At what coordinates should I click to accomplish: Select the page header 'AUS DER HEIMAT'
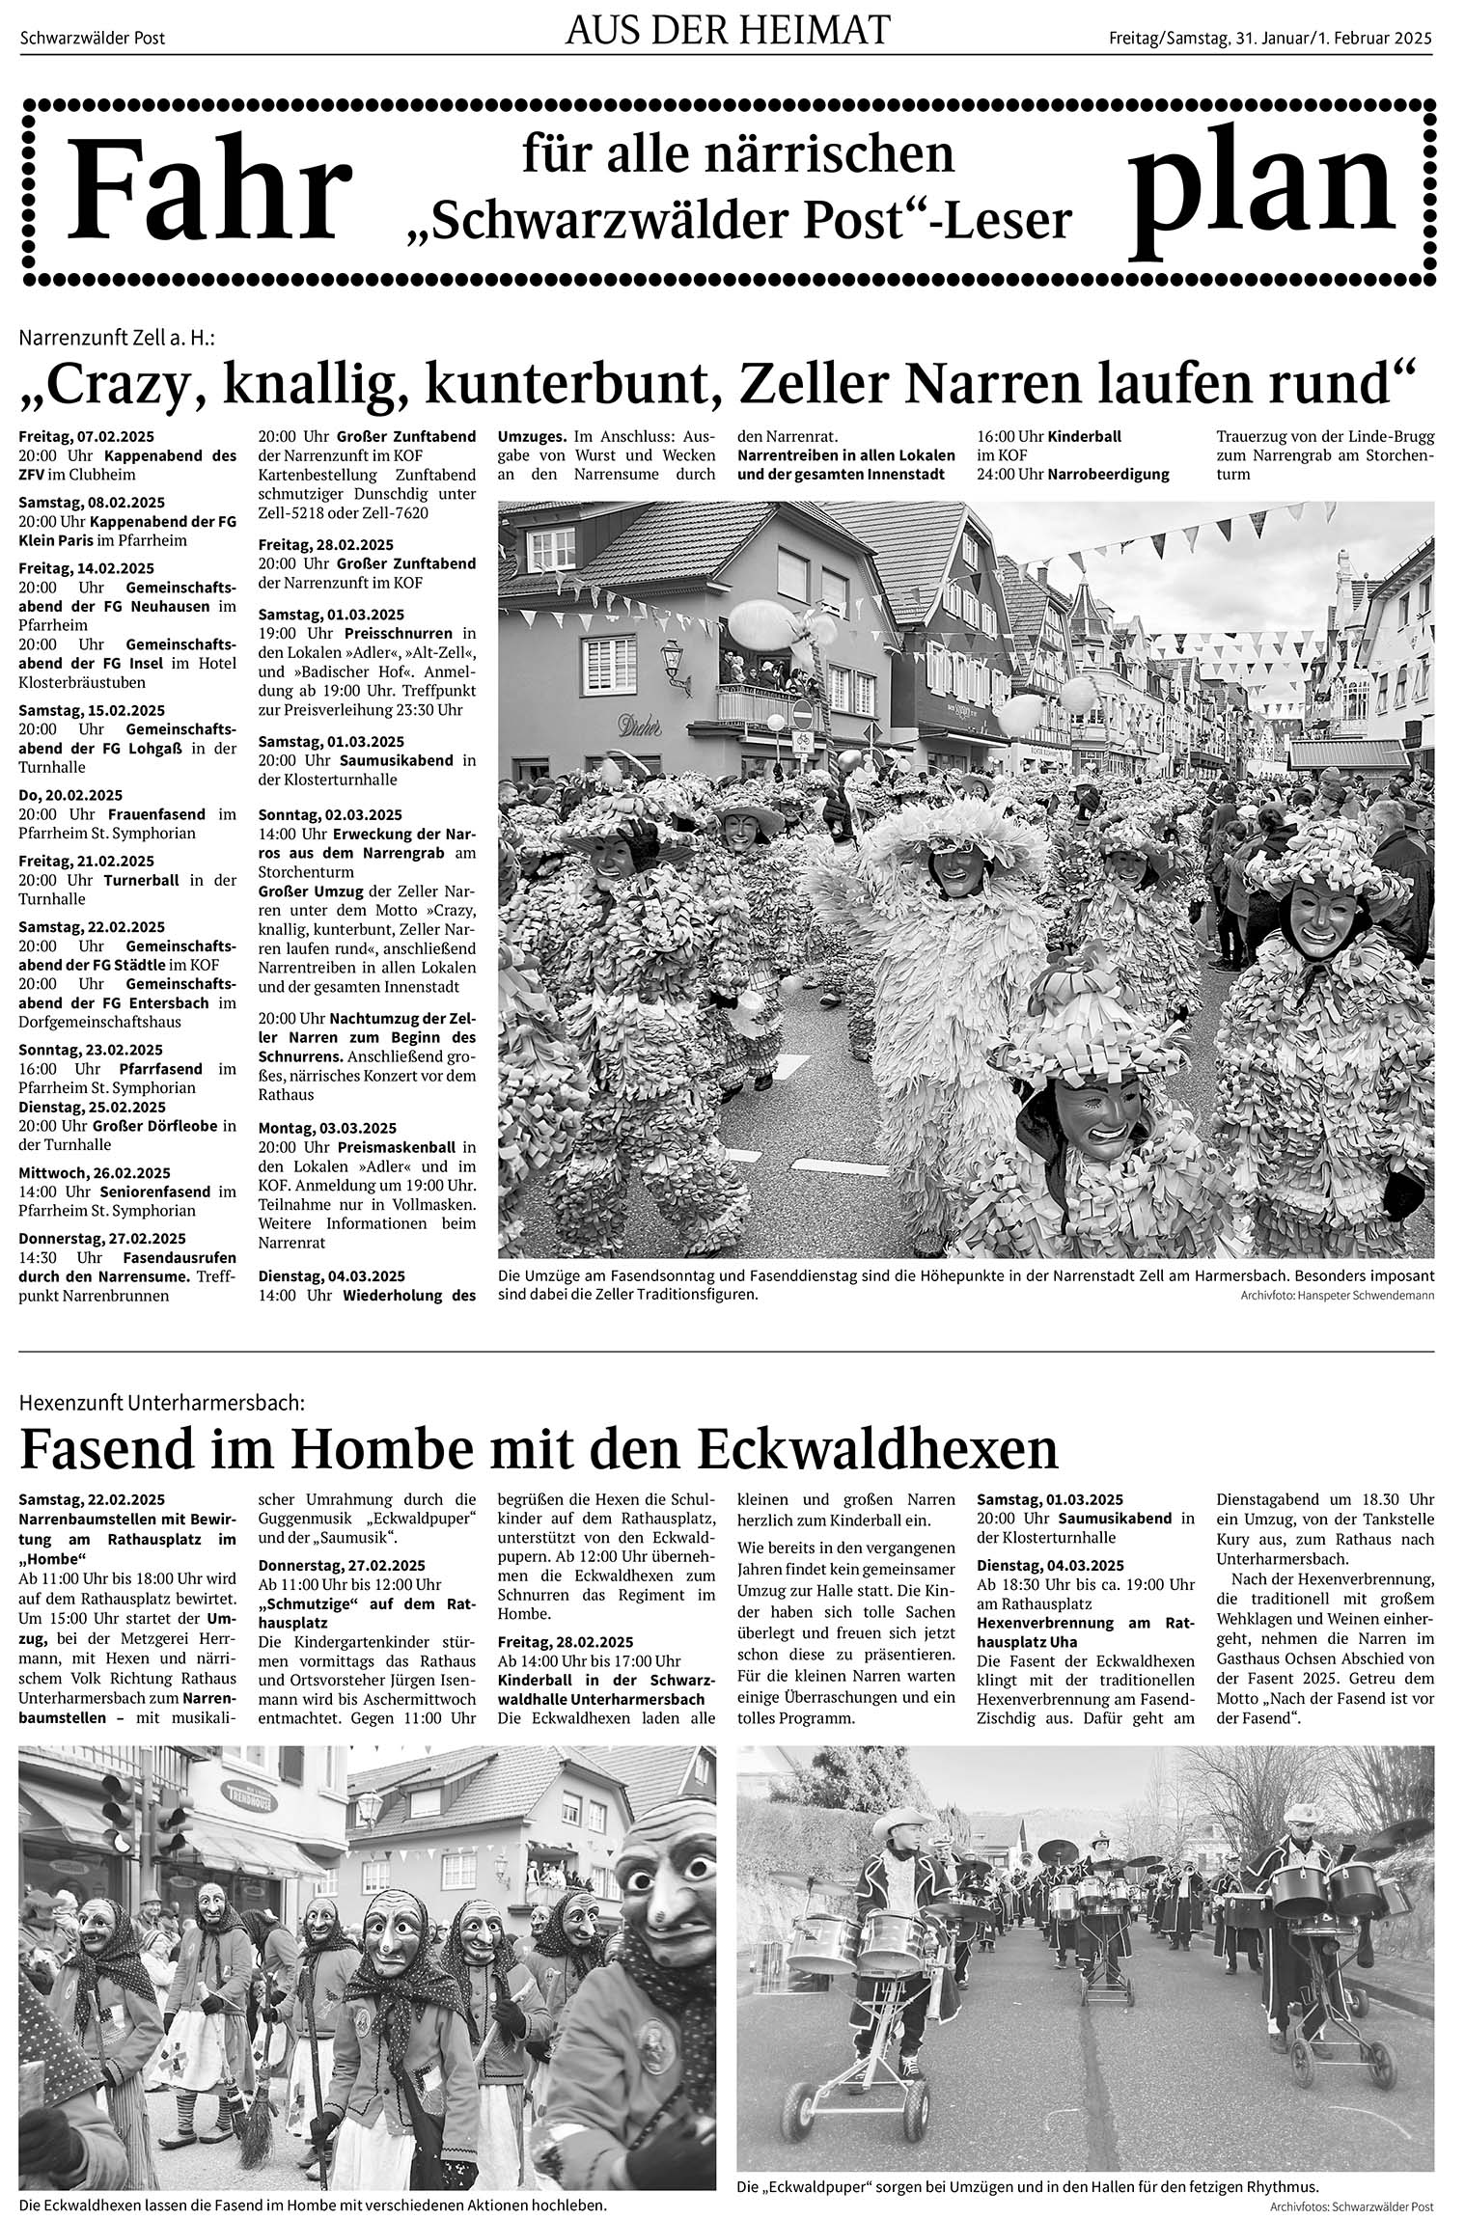point(727,32)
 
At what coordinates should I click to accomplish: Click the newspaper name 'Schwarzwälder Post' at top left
point(93,39)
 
